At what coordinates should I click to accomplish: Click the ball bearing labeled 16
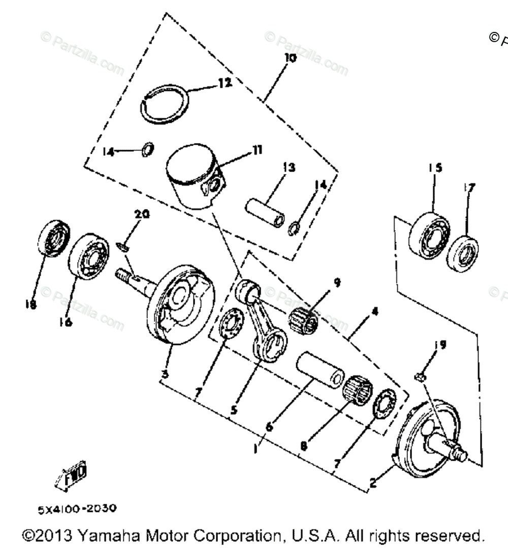89,256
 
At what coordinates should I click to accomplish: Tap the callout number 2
373,484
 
